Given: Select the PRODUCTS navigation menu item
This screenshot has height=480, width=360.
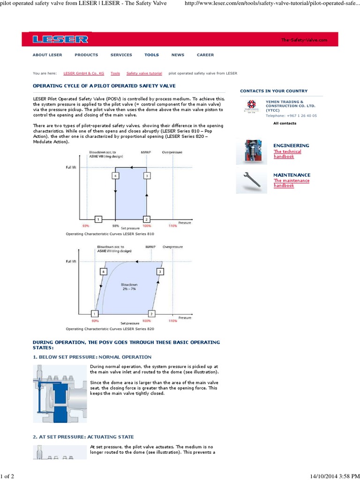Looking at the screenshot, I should click(x=86, y=55).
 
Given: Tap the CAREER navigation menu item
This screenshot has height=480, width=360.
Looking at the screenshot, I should click(x=205, y=55).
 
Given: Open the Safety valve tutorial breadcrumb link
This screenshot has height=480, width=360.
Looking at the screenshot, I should click(x=144, y=74).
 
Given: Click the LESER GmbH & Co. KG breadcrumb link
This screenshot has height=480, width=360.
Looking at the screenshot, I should click(x=84, y=74).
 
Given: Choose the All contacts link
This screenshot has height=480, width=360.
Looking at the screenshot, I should click(x=285, y=123).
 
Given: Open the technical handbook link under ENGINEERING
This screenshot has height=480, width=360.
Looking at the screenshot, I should click(x=287, y=154).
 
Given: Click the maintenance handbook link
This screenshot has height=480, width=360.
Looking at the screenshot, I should click(x=292, y=183).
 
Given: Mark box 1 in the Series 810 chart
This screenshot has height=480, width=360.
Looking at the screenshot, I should click(x=98, y=219).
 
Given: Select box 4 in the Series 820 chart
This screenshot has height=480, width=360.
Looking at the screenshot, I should click(x=103, y=271).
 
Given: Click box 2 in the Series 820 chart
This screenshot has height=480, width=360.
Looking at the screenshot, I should click(x=151, y=313).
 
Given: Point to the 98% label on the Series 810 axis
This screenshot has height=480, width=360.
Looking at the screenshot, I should click(x=116, y=226).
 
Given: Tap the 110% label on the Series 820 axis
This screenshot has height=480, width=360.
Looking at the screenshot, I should click(x=172, y=321).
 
